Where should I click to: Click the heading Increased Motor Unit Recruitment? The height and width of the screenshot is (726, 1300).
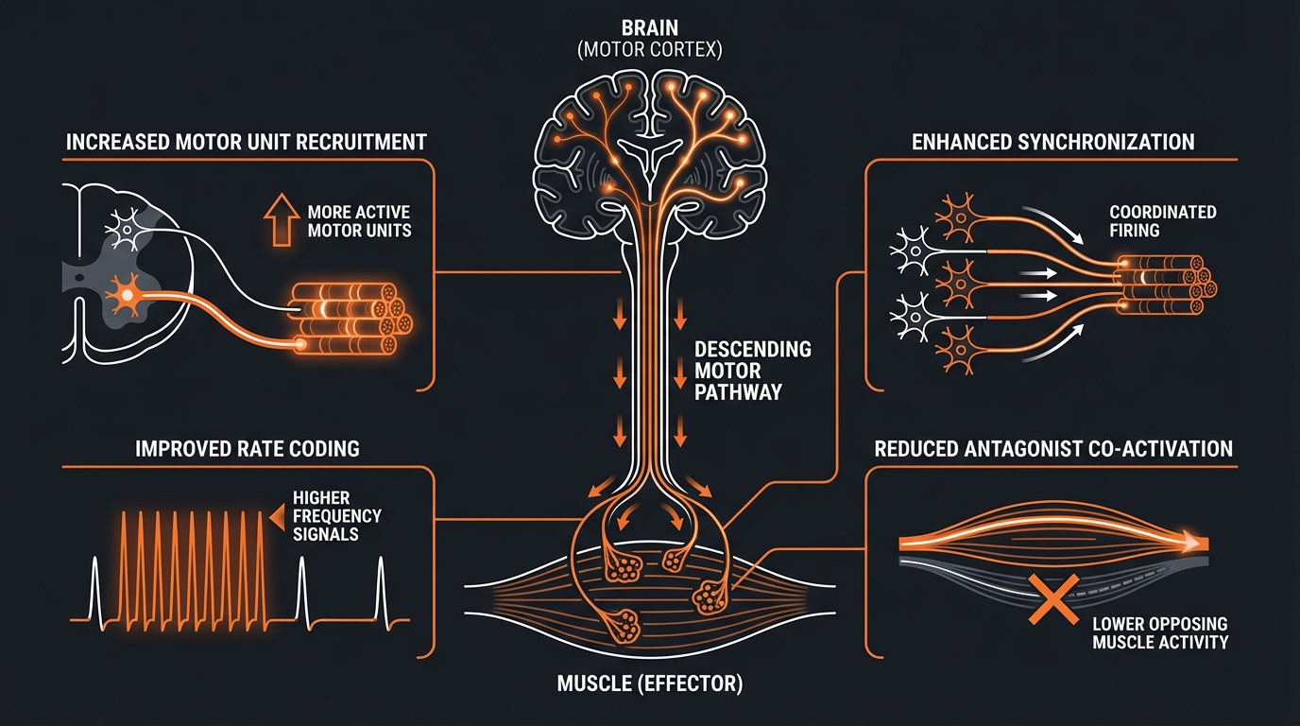246,143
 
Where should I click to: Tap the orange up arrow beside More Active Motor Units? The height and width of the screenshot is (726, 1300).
282,222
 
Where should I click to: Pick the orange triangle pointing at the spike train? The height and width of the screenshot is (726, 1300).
278,517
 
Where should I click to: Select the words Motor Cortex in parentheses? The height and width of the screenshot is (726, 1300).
649,50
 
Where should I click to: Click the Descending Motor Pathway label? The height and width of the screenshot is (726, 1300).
752,370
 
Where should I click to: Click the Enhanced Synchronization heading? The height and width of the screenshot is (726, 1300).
1053,143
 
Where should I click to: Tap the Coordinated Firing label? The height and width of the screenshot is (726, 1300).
1162,221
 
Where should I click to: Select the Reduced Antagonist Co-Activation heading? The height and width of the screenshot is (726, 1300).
1053,448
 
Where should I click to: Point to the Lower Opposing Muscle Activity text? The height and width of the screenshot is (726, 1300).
1160,633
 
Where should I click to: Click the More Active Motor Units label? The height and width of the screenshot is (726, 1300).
359,221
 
